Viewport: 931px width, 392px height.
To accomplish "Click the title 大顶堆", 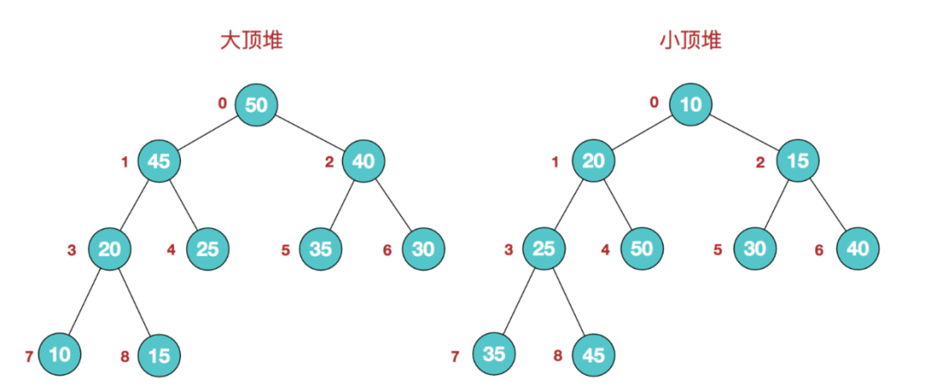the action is (251, 40).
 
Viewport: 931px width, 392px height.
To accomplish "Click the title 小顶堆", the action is (690, 40).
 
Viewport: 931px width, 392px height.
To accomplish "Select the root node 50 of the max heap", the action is (257, 105).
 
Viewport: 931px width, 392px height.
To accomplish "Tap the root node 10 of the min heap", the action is (691, 105).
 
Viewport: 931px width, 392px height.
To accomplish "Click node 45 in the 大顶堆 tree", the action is (159, 161).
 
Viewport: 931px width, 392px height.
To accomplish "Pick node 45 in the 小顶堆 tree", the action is (594, 355).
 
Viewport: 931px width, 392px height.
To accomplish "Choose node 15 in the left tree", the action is (159, 355).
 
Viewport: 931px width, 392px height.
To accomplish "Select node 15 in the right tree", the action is (798, 161).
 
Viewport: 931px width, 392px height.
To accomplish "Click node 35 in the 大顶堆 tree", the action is (322, 249).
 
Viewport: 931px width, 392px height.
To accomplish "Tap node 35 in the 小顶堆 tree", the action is (494, 354).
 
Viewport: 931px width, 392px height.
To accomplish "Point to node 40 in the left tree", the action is (364, 161).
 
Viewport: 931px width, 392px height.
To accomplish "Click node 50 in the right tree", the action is (642, 249).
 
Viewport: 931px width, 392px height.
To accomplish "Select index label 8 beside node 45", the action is (558, 357).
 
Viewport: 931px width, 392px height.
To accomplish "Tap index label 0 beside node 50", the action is (222, 103).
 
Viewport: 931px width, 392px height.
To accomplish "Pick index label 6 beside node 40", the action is (820, 251).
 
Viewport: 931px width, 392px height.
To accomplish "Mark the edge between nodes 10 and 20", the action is (642, 133).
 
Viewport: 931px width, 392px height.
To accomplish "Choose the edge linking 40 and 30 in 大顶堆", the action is (394, 204).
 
